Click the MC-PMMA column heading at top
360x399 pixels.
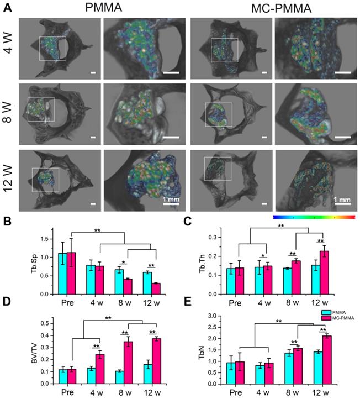(274, 8)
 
